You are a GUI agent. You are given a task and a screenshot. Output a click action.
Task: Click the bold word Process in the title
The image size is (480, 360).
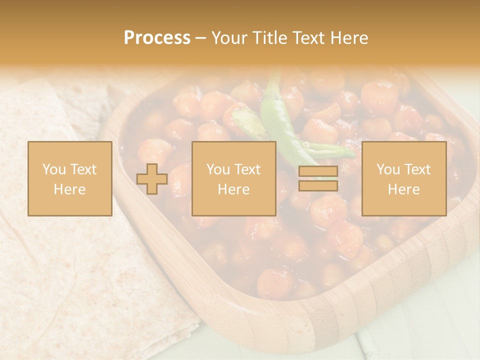pos(157,38)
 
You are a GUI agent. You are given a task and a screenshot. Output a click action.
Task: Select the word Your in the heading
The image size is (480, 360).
pos(229,38)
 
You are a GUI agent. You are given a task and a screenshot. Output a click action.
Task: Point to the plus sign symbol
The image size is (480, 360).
pos(152,179)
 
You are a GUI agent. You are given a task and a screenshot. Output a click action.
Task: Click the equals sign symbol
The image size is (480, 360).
pos(318,179)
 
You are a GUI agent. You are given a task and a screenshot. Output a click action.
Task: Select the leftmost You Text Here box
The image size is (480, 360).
pos(70,179)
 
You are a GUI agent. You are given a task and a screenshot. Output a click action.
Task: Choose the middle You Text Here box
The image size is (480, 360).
pos(234,179)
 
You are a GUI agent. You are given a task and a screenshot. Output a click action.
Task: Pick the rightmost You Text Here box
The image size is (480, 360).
pos(404,179)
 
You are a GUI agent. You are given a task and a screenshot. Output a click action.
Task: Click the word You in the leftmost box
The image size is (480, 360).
pos(53,169)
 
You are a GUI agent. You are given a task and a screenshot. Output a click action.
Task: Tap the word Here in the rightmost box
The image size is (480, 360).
pos(404,189)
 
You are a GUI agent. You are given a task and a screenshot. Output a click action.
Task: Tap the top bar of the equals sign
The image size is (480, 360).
pos(318,172)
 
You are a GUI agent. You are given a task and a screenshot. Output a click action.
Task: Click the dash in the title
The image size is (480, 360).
pos(201,38)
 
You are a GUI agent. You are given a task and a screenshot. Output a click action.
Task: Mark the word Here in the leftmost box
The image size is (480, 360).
pos(70,189)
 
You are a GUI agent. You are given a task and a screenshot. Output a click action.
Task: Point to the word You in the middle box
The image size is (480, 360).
pos(217,169)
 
